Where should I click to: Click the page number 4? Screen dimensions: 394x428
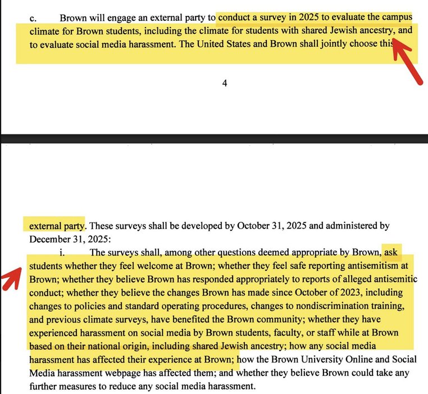(225, 83)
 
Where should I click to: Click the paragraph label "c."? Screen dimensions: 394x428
(33, 19)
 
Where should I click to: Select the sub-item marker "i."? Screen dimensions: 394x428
(62, 252)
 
